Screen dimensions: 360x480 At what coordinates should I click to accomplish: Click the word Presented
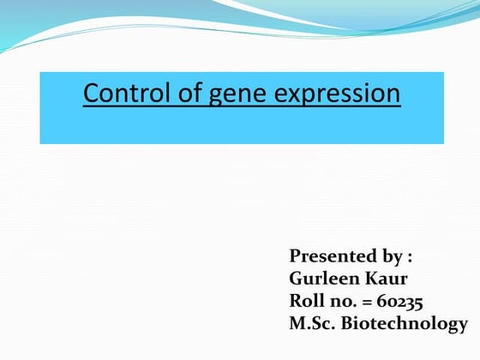(x=330, y=255)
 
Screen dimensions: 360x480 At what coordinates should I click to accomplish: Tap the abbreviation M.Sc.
(x=312, y=323)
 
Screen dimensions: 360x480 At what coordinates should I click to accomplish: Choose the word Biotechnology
(x=405, y=324)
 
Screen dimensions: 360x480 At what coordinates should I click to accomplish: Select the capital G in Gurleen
(x=297, y=279)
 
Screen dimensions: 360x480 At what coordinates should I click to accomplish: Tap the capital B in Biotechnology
(x=346, y=323)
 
